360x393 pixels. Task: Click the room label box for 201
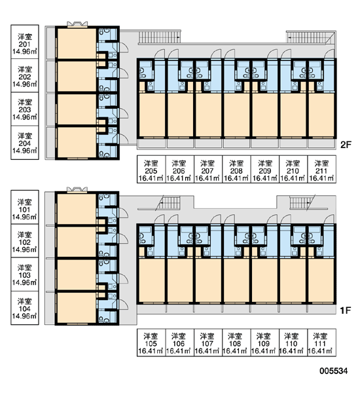pos(25,42)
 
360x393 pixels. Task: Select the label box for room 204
pos(25,143)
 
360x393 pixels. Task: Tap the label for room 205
pos(151,169)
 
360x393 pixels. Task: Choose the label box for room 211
pos(321,169)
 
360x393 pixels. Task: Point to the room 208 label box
pos(236,169)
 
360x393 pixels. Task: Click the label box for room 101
pos(25,207)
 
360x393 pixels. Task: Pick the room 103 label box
pos(25,274)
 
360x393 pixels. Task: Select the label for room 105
pos(151,343)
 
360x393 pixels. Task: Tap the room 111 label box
pos(321,343)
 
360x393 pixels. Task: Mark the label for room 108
pos(236,343)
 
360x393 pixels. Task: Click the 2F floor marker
pos(346,145)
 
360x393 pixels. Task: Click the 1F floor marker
pos(345,310)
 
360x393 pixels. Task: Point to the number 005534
pos(333,371)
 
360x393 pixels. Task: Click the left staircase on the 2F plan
pos(159,37)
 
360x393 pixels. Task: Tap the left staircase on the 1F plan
pos(168,202)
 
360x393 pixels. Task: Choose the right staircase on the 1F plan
pos(301,202)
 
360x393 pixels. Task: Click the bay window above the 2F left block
pos(77,24)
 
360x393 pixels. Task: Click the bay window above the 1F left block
pos(77,189)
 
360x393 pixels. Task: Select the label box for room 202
pos(25,76)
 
